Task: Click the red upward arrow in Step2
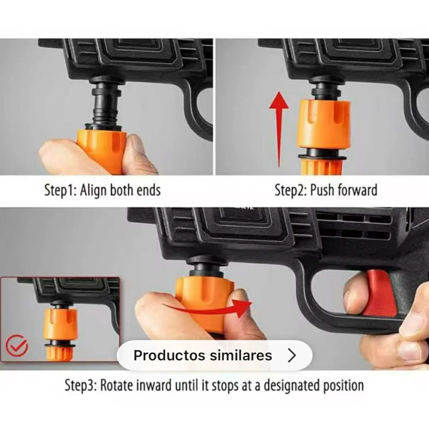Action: coord(279,129)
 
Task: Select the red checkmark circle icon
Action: coord(17,345)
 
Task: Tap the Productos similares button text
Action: coord(203,355)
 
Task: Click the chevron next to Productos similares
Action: coord(292,355)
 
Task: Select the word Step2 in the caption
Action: coord(291,190)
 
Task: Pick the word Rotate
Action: coord(117,385)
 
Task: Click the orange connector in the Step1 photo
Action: coord(101,151)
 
